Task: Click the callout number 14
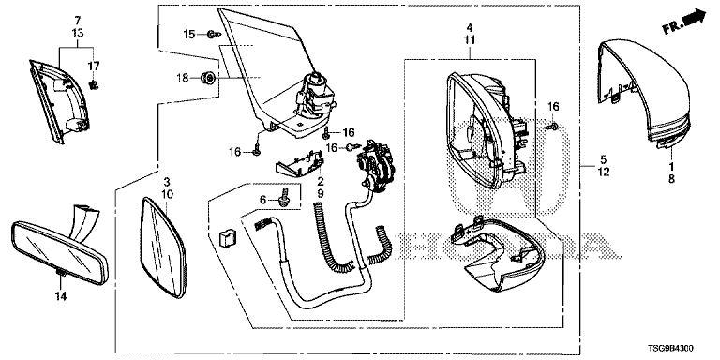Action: click(61, 296)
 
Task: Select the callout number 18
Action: click(183, 78)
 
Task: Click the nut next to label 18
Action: click(209, 79)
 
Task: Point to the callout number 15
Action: click(189, 34)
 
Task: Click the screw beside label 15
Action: click(214, 34)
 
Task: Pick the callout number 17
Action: click(93, 67)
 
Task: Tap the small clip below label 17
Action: click(95, 85)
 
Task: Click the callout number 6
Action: click(262, 200)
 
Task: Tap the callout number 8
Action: click(671, 180)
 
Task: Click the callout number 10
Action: click(168, 194)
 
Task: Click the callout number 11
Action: click(470, 40)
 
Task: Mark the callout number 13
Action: click(78, 33)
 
